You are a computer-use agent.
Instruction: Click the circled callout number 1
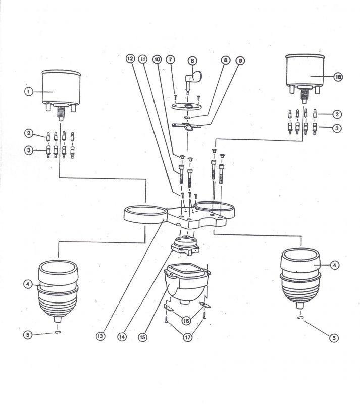pos(29,92)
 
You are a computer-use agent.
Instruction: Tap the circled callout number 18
pos(338,77)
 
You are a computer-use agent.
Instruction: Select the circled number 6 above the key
pos(192,61)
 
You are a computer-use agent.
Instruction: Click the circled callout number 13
pos(100,336)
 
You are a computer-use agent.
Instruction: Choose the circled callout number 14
pos(122,337)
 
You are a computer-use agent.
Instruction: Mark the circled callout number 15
pos(142,337)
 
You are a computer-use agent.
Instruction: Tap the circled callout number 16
pos(186,321)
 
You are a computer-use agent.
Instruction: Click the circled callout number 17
pos(188,337)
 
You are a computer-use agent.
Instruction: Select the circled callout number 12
pos(130,59)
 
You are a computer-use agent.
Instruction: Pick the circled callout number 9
pos(240,61)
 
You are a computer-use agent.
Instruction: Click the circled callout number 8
pos(226,60)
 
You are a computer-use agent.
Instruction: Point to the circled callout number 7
pos(170,59)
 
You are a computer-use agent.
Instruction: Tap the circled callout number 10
pos(157,59)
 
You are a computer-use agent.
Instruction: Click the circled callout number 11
pos(142,59)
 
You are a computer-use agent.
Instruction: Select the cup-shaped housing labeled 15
pos(187,283)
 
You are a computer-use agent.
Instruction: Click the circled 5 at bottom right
pos(334,338)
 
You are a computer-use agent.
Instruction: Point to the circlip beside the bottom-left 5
pos(58,333)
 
